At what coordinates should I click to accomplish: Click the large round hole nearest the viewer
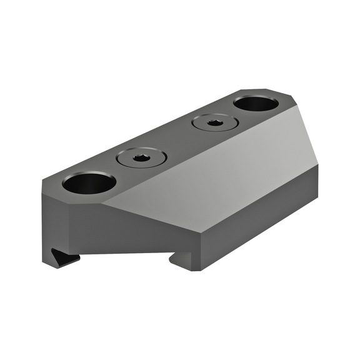pyautogui.click(x=89, y=183)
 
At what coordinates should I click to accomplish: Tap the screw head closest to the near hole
pyautogui.click(x=142, y=157)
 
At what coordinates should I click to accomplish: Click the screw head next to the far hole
pyautogui.click(x=214, y=123)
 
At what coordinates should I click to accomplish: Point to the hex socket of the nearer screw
pyautogui.click(x=142, y=157)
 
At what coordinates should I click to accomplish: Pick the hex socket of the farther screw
pyautogui.click(x=214, y=123)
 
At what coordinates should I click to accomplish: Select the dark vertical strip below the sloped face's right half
pyautogui.click(x=262, y=212)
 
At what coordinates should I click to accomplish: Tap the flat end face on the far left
pyautogui.click(x=54, y=219)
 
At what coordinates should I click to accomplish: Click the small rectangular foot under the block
pyautogui.click(x=184, y=259)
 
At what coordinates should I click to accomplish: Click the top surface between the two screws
pyautogui.click(x=178, y=141)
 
